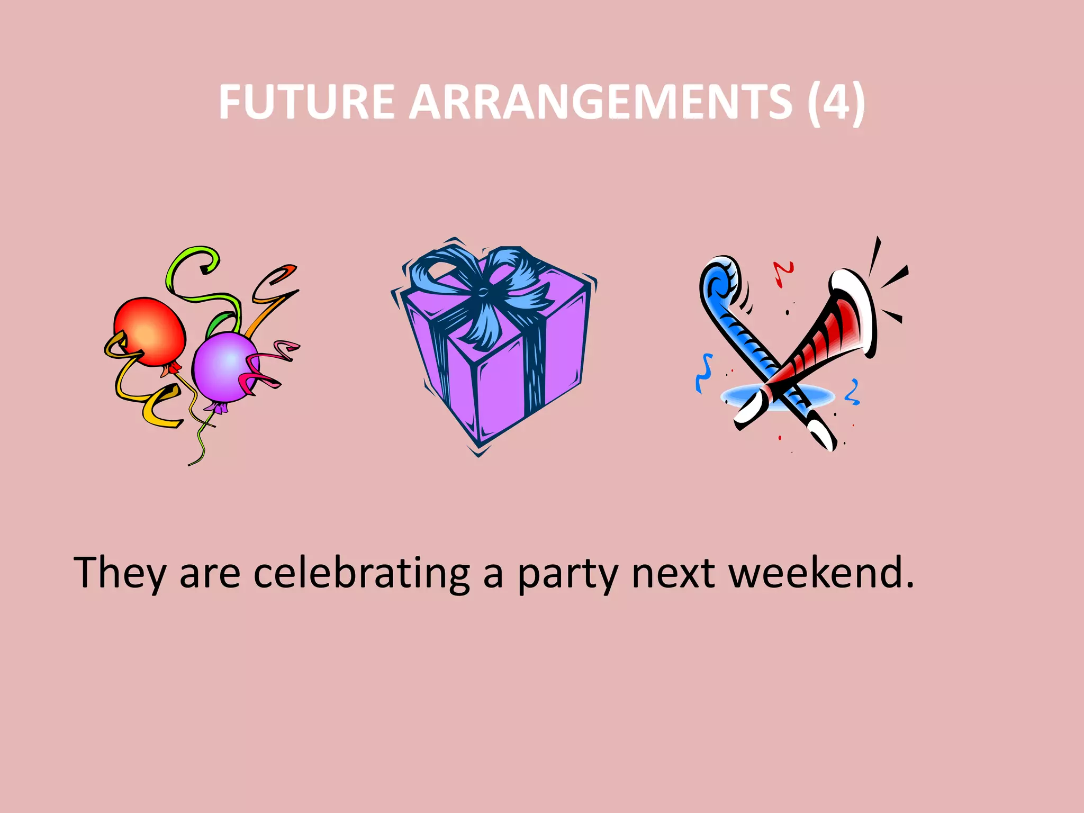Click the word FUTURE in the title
click(x=306, y=102)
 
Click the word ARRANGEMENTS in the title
click(x=601, y=102)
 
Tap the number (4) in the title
click(x=836, y=102)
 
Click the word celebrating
click(x=362, y=573)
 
